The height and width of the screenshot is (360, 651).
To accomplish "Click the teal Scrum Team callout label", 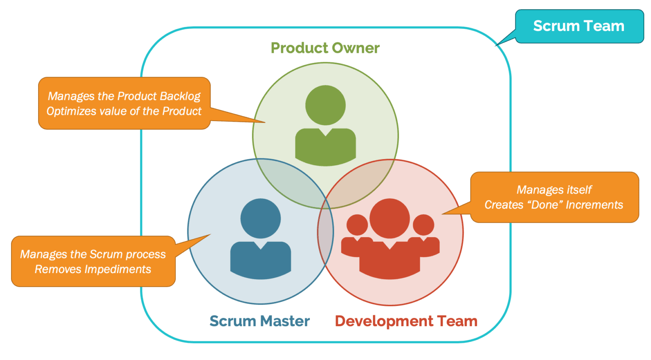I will [x=579, y=26].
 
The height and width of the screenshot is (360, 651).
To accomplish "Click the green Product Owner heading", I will [x=325, y=48].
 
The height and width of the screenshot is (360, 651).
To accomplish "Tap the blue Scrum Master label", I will [x=259, y=321].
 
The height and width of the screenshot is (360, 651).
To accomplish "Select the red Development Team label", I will [x=406, y=321].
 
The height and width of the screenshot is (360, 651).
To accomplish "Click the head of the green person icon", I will [x=325, y=105].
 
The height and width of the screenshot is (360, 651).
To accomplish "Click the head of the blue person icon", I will [x=260, y=219].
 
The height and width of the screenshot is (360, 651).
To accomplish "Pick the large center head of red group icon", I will [x=389, y=219].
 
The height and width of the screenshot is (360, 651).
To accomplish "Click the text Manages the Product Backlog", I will [x=124, y=96].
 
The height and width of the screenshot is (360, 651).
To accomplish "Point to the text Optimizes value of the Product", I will [x=124, y=111].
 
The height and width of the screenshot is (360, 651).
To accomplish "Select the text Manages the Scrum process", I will [x=93, y=254].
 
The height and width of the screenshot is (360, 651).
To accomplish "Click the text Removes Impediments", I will [x=93, y=269].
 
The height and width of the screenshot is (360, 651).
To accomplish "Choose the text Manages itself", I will [x=554, y=190].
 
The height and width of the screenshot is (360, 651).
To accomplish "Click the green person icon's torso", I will [x=325, y=146].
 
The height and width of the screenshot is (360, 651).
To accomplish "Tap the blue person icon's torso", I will [x=260, y=259].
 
